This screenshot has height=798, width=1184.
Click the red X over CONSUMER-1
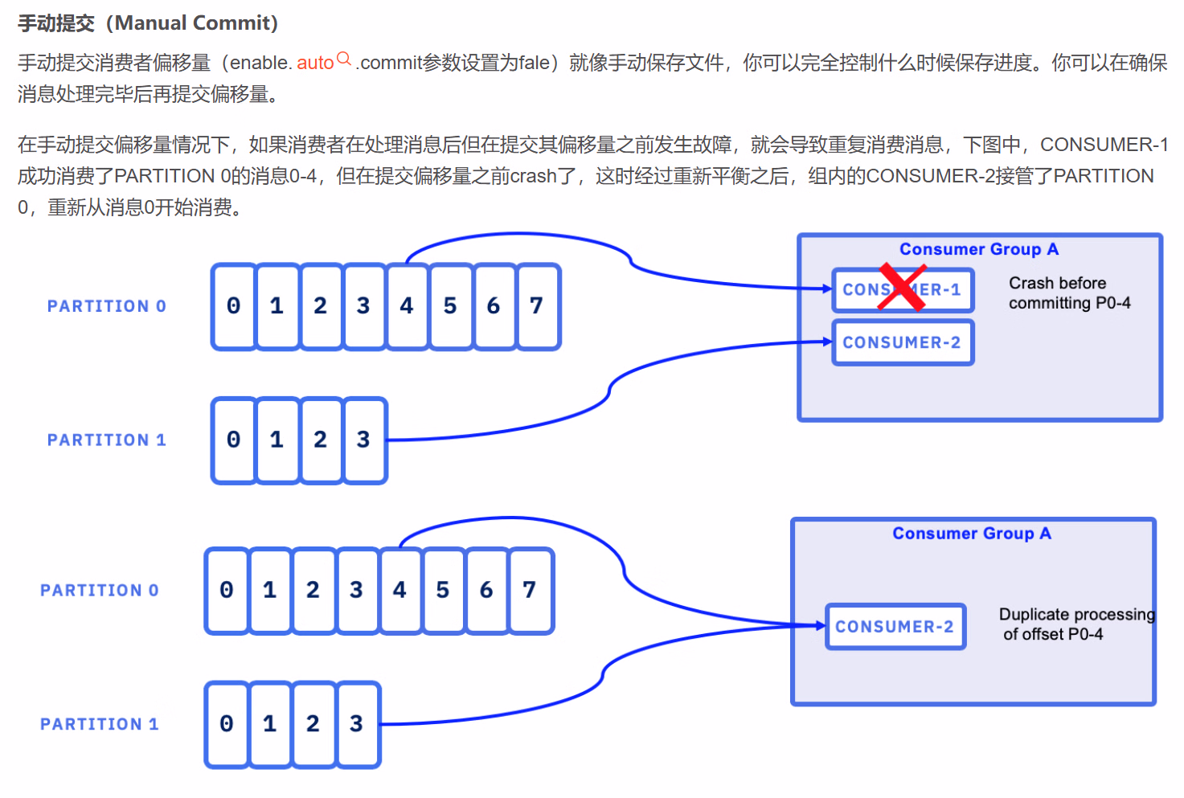[901, 287]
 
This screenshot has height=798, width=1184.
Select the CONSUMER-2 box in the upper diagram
[902, 342]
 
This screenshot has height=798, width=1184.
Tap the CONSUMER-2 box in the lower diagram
[895, 627]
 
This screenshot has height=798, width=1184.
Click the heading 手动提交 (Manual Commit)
[148, 23]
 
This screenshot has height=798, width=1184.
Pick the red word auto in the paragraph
[315, 63]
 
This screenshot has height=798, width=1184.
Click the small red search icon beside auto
[344, 59]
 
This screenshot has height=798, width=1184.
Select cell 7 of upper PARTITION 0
[537, 306]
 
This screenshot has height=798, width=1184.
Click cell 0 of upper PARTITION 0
[234, 306]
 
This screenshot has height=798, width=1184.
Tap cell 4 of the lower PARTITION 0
[399, 591]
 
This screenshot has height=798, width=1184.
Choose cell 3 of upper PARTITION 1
[363, 440]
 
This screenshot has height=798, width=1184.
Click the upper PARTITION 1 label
[106, 440]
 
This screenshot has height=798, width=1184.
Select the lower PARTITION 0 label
[100, 591]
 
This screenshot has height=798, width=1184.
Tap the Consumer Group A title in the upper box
[979, 249]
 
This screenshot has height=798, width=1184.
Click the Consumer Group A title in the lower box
[972, 534]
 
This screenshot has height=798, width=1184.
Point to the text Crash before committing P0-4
[1069, 293]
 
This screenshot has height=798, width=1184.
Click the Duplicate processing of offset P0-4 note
[1076, 624]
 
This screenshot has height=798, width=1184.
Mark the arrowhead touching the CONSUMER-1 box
[827, 289]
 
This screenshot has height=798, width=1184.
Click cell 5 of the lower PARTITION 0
[443, 591]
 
